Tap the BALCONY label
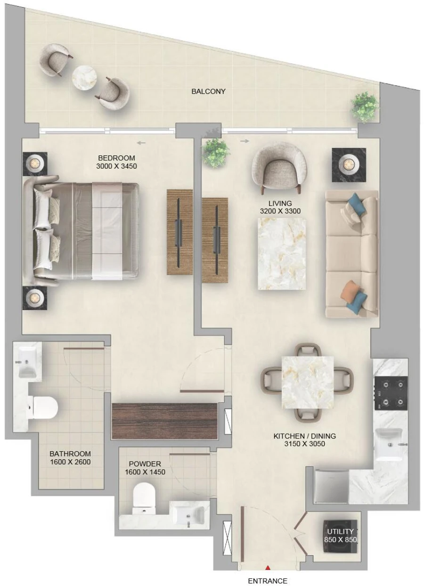pyautogui.click(x=208, y=91)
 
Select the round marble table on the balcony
pyautogui.click(x=84, y=78)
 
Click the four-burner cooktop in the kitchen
pyautogui.click(x=391, y=393)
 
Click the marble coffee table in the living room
pyautogui.click(x=281, y=254)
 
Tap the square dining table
pyautogui.click(x=307, y=382)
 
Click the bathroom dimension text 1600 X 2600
pyautogui.click(x=70, y=462)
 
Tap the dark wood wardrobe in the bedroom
pyautogui.click(x=164, y=421)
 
